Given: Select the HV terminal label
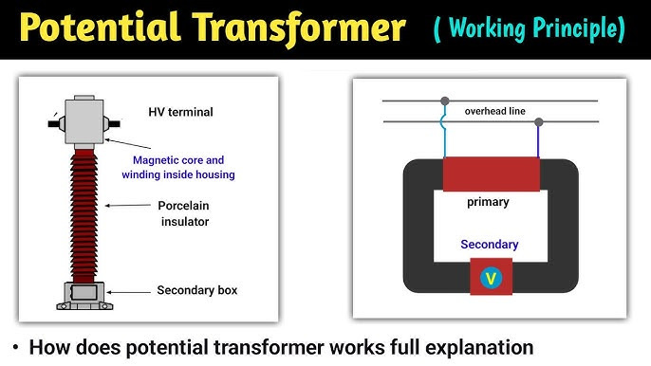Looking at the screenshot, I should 180,112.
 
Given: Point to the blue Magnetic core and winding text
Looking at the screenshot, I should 177,167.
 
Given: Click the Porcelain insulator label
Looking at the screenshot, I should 183,213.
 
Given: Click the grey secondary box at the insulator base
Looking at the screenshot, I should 84,293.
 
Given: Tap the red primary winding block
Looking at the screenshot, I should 490,174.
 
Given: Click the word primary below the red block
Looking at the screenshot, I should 488,202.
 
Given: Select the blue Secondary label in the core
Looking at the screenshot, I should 490,245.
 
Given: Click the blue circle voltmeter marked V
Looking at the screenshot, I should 491,278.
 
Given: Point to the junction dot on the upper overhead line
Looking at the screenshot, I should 443,101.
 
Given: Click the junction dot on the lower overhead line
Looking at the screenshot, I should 539,121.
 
